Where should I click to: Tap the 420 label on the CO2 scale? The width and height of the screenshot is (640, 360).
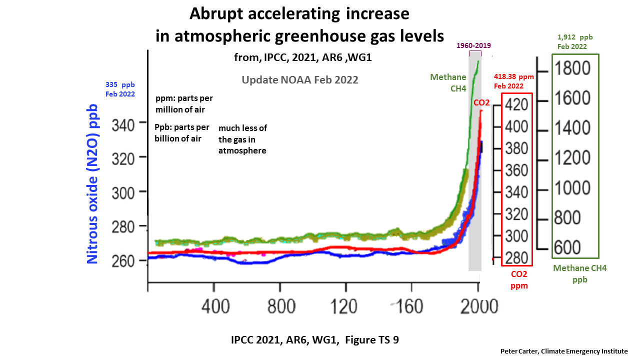[x=516, y=104]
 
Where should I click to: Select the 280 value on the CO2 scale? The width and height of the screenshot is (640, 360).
[x=516, y=258]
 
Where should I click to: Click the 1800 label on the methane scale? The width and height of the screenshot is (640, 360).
[x=573, y=68]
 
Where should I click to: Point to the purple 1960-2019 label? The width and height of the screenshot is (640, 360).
[x=474, y=45]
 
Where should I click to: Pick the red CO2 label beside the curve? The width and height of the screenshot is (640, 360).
[x=481, y=102]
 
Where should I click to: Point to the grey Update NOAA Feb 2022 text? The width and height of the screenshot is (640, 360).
[x=299, y=79]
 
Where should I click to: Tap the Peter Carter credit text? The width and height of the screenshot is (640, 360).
[x=563, y=351]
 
